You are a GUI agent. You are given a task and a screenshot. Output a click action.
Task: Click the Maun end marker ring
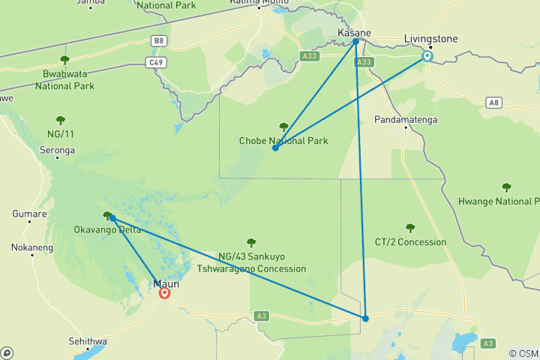(164, 293)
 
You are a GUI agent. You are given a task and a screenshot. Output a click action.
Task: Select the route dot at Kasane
(355, 41)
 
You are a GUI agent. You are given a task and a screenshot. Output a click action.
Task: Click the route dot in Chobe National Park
(275, 148)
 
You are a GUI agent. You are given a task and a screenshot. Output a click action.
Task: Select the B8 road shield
(157, 40)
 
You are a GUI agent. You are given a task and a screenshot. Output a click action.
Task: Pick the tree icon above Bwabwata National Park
(64, 60)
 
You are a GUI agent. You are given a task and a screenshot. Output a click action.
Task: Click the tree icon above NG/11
(60, 119)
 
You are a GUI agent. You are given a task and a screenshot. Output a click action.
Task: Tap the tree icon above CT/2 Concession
(409, 228)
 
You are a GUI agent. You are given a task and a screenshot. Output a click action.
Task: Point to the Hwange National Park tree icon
(506, 187)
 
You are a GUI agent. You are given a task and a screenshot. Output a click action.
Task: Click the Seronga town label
(58, 150)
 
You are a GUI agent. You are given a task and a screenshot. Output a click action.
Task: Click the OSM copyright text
(523, 353)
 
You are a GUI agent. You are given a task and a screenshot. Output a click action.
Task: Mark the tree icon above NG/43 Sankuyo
(250, 242)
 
